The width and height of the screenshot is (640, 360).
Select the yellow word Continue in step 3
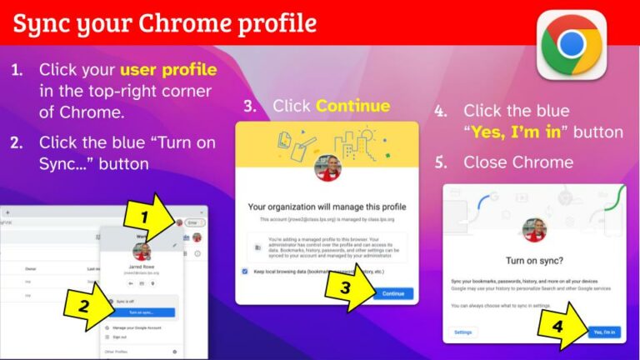(352, 106)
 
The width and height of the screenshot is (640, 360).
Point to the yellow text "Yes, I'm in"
(517, 132)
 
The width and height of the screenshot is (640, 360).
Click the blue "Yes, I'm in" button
(603, 332)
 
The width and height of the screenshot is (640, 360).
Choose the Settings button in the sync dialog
(462, 332)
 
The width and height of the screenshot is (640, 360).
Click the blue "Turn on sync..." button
(141, 312)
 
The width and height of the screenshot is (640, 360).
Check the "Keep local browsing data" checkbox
(244, 271)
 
